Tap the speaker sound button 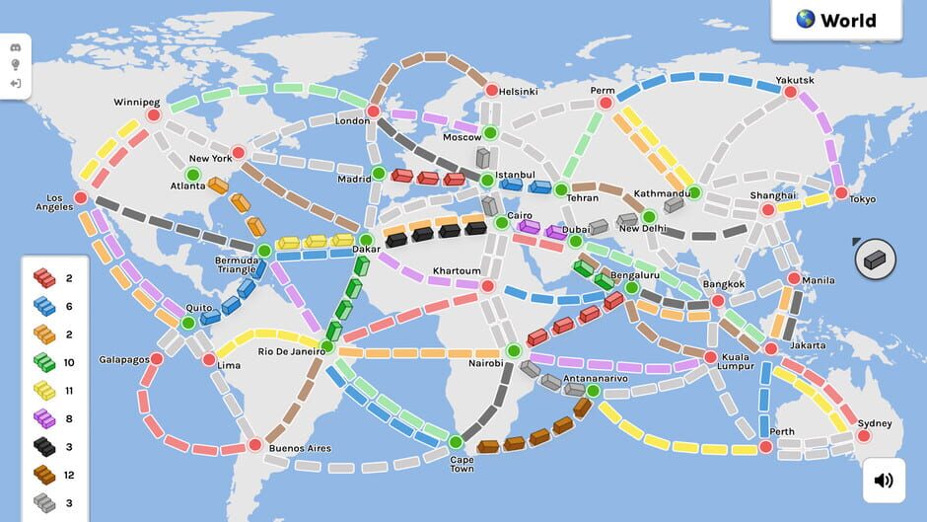coord(884,481)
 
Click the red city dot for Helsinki coord(490,91)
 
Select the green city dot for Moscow coord(489,133)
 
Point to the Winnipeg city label coord(137,102)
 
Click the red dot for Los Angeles coord(81,198)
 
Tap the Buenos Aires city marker coord(254,445)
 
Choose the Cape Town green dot coord(456,441)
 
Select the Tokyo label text coord(862,199)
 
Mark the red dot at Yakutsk coord(790,92)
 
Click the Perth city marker coord(766,447)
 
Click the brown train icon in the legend coord(43,477)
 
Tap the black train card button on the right coord(875,260)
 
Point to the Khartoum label coord(457,271)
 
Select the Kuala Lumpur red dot coord(710,357)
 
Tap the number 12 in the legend coord(70,476)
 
